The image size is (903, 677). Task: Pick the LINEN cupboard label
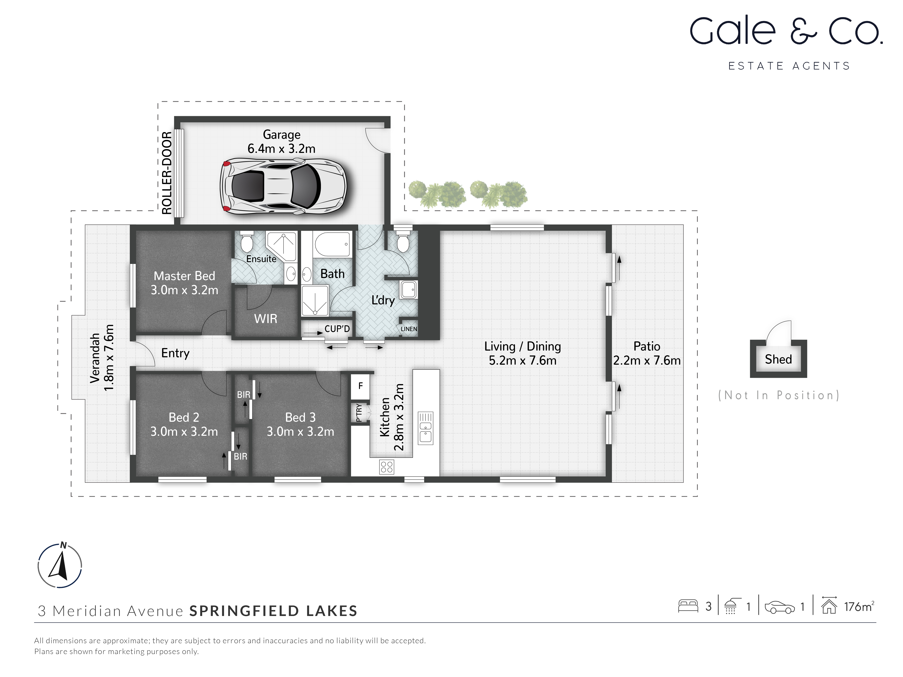click(409, 329)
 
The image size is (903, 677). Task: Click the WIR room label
click(265, 319)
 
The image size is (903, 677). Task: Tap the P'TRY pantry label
click(359, 413)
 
